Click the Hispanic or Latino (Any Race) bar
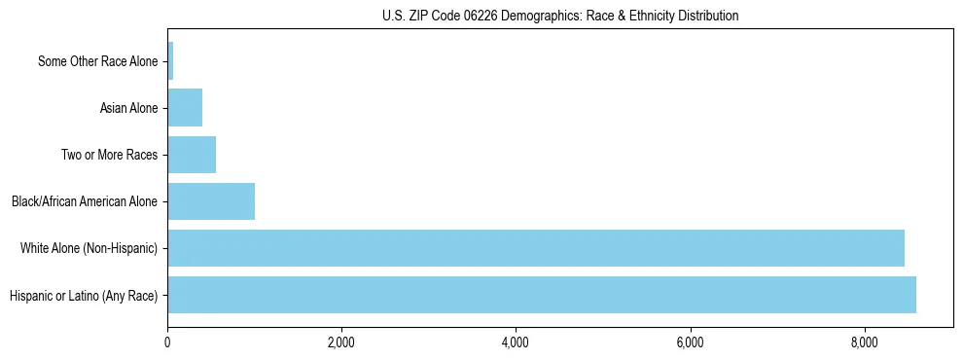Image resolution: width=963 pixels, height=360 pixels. click(x=541, y=295)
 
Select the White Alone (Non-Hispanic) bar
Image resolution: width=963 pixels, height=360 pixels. click(x=535, y=248)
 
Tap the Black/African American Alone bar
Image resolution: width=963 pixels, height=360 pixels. click(x=211, y=201)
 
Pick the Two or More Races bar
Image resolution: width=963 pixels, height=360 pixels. click(x=192, y=155)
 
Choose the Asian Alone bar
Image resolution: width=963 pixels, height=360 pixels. click(x=185, y=108)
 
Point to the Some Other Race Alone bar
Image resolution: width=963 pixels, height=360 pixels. click(x=170, y=61)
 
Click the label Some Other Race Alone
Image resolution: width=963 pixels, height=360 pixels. click(x=97, y=61)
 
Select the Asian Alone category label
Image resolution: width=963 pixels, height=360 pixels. click(x=128, y=108)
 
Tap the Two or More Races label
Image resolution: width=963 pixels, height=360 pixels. click(x=109, y=155)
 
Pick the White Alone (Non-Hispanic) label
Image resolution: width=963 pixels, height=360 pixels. click(x=89, y=248)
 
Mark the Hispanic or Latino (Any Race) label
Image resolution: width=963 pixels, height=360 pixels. click(x=83, y=295)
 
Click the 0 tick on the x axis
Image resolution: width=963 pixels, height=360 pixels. click(x=167, y=342)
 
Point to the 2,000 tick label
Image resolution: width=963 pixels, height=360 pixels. click(x=340, y=342)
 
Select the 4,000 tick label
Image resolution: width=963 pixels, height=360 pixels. click(x=515, y=342)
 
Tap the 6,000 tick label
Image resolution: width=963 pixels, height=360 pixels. click(x=690, y=342)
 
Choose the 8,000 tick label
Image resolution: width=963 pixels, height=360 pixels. click(x=864, y=342)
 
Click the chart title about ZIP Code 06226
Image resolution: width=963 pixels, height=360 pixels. click(x=559, y=16)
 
